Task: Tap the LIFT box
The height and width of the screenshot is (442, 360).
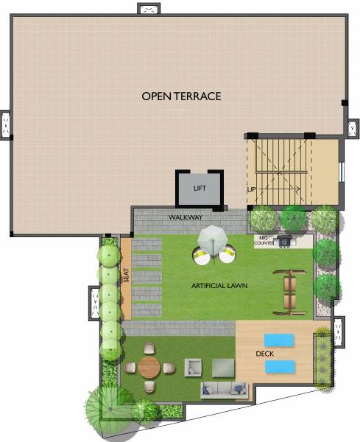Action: tap(200, 189)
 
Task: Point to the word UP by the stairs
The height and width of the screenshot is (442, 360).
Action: tap(252, 190)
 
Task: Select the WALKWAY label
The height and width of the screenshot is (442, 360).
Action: tap(185, 218)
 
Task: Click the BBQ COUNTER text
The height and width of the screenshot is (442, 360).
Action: tap(264, 239)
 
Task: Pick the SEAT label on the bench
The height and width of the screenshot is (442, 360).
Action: tap(126, 275)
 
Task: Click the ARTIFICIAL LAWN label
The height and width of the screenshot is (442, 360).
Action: tap(219, 285)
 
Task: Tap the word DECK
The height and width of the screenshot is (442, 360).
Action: tap(264, 354)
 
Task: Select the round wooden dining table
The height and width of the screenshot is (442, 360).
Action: tap(149, 366)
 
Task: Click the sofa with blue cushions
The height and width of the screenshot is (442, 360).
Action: tap(225, 389)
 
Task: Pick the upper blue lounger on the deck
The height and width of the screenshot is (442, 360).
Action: tap(279, 339)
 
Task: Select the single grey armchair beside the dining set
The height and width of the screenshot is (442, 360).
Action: tap(193, 366)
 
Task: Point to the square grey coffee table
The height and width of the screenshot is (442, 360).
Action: tap(222, 366)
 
